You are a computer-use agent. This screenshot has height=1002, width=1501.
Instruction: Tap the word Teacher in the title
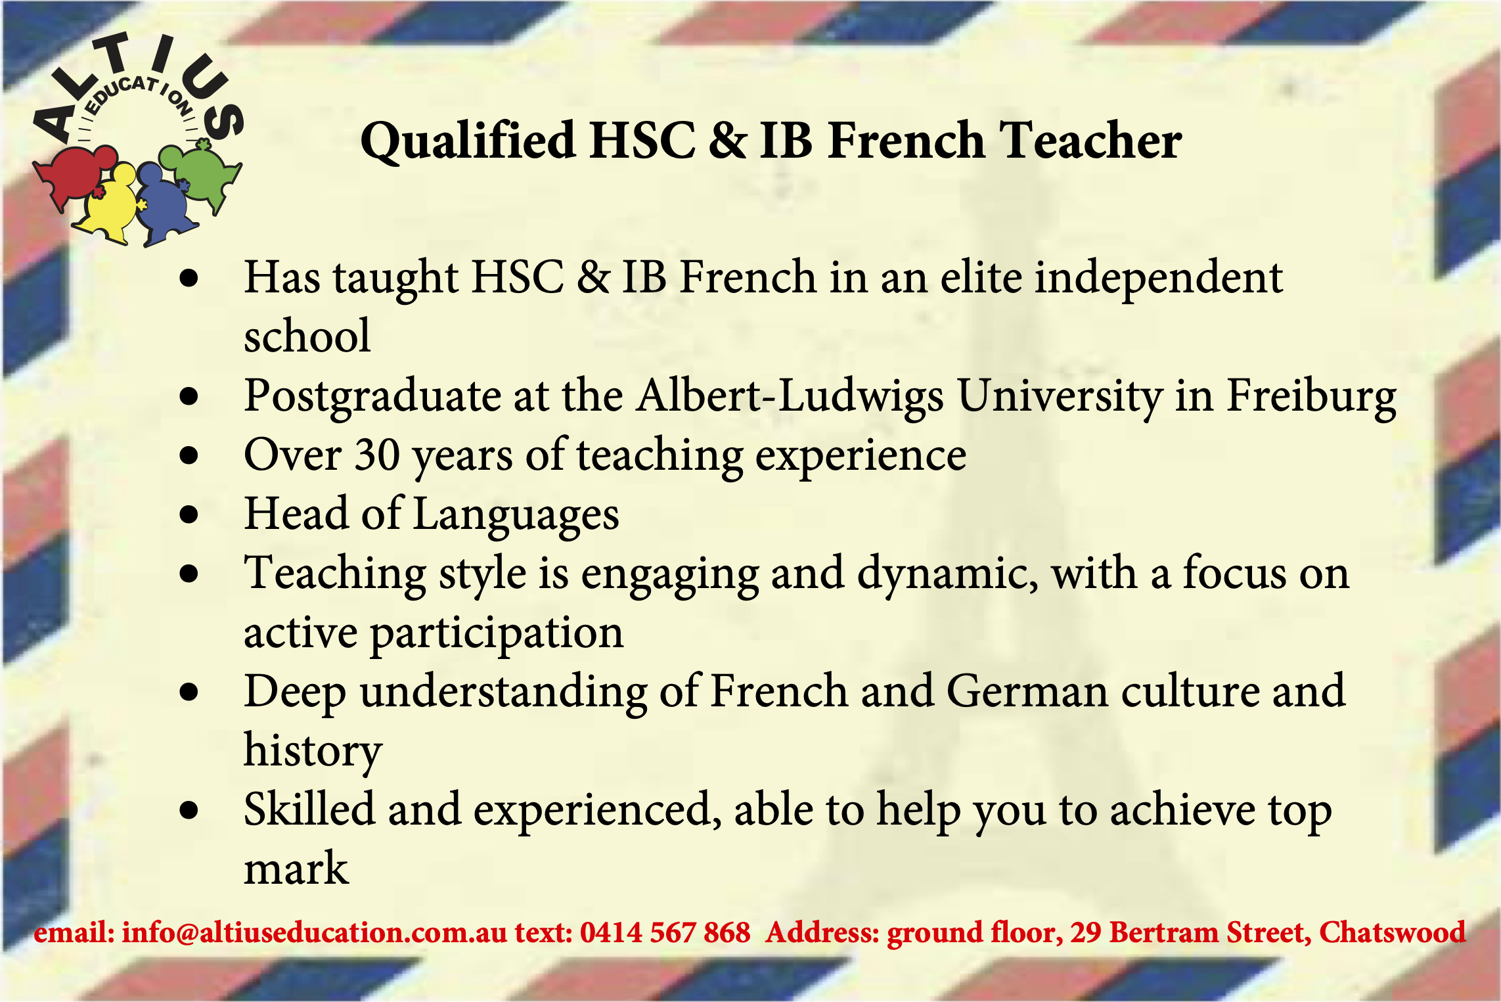pyautogui.click(x=1090, y=141)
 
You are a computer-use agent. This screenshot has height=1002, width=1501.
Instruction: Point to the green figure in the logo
pyautogui.click(x=201, y=173)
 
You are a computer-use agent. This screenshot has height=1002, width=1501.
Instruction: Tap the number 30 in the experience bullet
pyautogui.click(x=378, y=455)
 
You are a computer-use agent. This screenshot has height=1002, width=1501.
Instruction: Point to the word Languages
pyautogui.click(x=516, y=515)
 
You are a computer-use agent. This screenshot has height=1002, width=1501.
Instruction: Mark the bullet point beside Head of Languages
pyautogui.click(x=189, y=514)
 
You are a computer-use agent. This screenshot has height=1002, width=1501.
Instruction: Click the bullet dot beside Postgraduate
pyautogui.click(x=189, y=396)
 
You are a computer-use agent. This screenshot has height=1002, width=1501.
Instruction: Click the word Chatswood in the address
pyautogui.click(x=1393, y=932)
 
